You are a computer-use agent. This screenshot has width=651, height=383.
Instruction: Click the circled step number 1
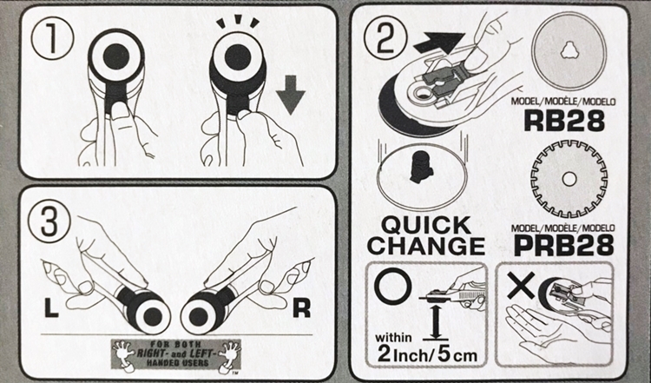coord(53,40)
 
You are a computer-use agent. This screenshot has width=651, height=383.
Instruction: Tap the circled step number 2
coord(385,40)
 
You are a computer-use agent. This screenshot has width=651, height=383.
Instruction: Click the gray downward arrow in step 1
coord(290,95)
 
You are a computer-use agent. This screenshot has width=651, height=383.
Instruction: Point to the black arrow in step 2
coord(438,43)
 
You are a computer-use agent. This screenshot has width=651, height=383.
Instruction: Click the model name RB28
coord(564,121)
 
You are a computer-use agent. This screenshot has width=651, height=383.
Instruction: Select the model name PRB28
coord(564,246)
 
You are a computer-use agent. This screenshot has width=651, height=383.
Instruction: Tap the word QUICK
coord(426,226)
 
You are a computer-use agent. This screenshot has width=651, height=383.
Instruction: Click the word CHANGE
coord(426,246)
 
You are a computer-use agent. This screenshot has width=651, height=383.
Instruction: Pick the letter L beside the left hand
coord(51,309)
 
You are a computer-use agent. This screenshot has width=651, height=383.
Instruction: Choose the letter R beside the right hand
coord(301,308)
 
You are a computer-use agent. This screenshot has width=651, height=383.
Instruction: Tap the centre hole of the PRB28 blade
coord(569,179)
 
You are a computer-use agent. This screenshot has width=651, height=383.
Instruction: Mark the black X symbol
coord(521,286)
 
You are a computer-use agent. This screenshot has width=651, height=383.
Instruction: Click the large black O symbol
coord(392,286)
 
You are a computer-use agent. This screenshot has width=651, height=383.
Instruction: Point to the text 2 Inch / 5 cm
coord(427,355)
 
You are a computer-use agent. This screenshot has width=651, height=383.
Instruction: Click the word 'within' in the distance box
coord(393,337)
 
